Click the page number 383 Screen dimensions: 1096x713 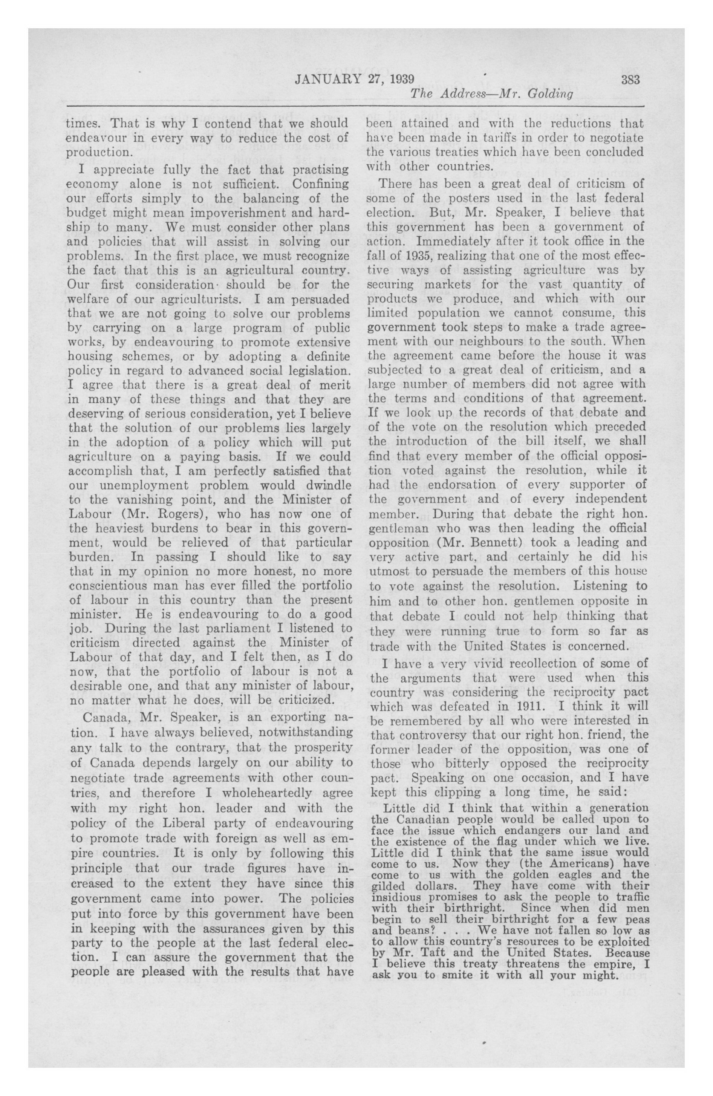[x=630, y=80]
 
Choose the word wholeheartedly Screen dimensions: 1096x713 [x=267, y=793]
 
